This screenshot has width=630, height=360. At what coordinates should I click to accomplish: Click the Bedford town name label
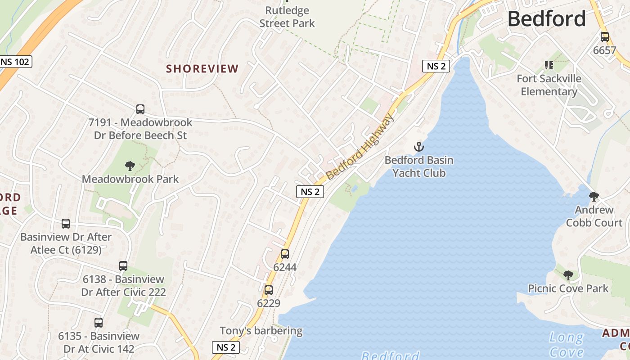(546, 19)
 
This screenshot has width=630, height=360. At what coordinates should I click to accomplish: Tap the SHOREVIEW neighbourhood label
(202, 69)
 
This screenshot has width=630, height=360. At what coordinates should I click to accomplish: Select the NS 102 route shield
(15, 62)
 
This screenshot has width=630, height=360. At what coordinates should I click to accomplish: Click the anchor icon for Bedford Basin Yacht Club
(419, 147)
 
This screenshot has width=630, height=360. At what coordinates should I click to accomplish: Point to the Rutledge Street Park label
(287, 17)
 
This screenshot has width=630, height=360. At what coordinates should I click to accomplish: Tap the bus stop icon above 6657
(604, 37)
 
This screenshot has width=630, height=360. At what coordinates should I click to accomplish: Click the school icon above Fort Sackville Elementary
(549, 66)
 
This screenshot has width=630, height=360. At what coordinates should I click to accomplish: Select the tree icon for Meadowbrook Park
(130, 166)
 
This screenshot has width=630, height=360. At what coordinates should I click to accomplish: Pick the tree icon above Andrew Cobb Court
(594, 196)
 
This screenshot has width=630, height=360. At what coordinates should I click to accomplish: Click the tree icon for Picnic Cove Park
(568, 275)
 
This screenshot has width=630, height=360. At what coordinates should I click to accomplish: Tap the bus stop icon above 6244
(285, 254)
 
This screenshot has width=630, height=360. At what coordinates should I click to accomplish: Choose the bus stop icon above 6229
(269, 290)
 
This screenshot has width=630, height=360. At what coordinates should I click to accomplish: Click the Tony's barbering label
(261, 331)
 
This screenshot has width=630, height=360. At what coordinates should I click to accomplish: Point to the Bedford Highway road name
(360, 147)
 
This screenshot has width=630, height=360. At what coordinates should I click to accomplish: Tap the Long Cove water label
(566, 344)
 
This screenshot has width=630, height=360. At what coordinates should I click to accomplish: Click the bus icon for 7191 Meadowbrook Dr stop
(140, 109)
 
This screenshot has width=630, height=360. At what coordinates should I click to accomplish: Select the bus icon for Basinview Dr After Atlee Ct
(66, 224)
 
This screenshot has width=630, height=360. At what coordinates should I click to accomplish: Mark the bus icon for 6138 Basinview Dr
(123, 266)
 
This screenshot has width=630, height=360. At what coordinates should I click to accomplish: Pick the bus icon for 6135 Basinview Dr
(99, 323)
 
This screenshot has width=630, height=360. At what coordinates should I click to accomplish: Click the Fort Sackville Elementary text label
(549, 85)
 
